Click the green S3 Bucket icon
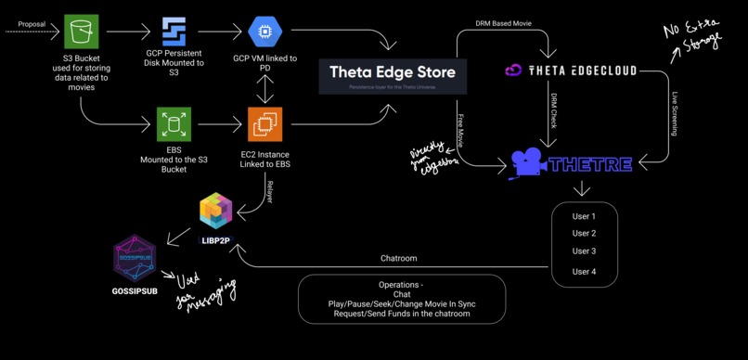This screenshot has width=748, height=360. point(81,32)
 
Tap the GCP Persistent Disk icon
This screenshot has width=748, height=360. point(174,32)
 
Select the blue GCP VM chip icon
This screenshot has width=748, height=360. point(264,32)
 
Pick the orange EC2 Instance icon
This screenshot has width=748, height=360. point(264,123)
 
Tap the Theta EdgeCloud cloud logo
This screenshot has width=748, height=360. point(515,71)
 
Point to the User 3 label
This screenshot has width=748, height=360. point(584,251)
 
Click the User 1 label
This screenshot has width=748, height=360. point(584,216)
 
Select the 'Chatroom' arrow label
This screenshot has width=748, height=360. point(399,258)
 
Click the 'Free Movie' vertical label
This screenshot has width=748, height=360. point(460,130)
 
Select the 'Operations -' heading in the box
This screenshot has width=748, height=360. point(401,285)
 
